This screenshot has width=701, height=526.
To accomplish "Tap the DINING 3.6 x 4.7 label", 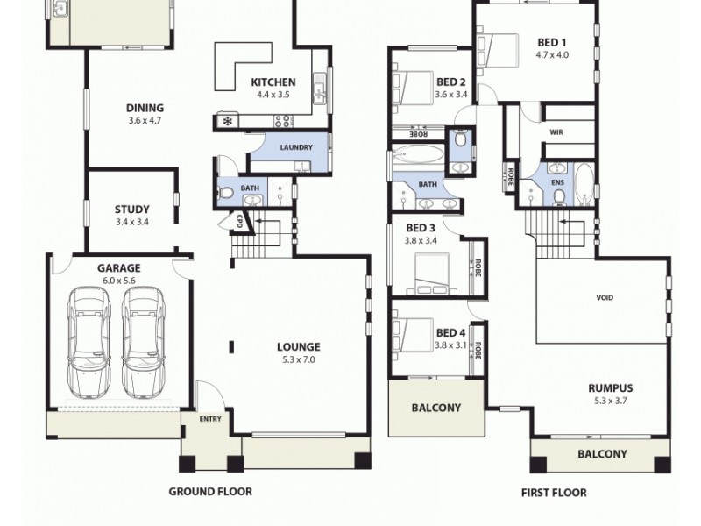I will [x=145, y=114].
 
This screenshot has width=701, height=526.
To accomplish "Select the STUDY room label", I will [x=131, y=215].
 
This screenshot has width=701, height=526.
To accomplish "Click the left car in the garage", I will [x=90, y=338].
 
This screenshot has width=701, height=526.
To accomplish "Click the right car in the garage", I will [x=143, y=338].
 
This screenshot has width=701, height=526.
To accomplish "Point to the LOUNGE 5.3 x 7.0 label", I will [x=299, y=352].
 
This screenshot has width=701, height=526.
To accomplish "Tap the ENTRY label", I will [x=210, y=419].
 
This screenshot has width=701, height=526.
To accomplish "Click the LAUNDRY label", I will [x=296, y=147].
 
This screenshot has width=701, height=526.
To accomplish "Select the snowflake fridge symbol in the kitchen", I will [x=227, y=121].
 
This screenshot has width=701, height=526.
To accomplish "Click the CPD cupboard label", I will [x=238, y=222].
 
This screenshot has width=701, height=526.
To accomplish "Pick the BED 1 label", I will [x=552, y=47].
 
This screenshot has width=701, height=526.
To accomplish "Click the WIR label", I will [x=556, y=133].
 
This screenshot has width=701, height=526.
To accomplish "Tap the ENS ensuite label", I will [x=557, y=183].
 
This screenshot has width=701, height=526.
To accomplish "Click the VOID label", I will [x=605, y=298].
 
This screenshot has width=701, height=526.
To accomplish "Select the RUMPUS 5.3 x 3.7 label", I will [x=611, y=394].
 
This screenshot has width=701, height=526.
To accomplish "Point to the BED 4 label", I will [x=450, y=338].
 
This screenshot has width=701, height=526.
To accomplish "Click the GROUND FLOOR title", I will [x=210, y=492].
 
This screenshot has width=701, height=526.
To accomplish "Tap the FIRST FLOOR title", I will [x=554, y=493].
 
